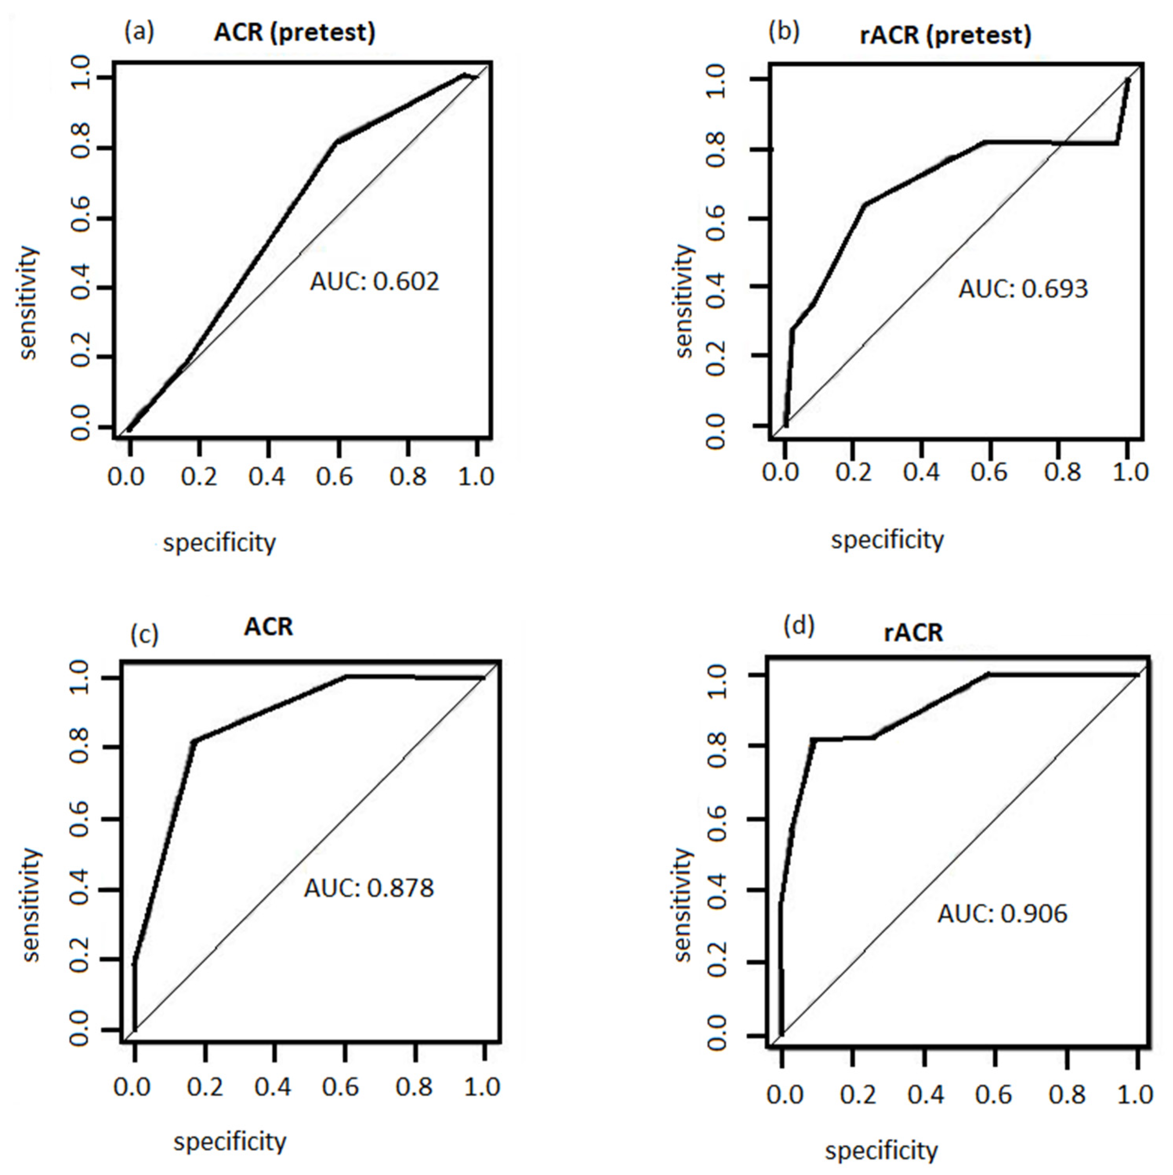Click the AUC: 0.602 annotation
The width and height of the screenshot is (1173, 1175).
[x=374, y=281]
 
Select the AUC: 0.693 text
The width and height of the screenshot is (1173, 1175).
[x=1023, y=289]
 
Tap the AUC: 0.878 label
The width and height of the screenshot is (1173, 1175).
[x=369, y=888]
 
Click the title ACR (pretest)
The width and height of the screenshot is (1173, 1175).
[x=294, y=32]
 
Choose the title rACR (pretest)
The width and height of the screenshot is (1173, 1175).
[x=946, y=35]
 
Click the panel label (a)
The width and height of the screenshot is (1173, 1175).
[x=139, y=31]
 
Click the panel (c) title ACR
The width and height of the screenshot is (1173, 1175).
[x=268, y=626]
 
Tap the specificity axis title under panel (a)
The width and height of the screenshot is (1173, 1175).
[x=219, y=542]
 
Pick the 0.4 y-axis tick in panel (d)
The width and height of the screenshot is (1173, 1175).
[x=717, y=891]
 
